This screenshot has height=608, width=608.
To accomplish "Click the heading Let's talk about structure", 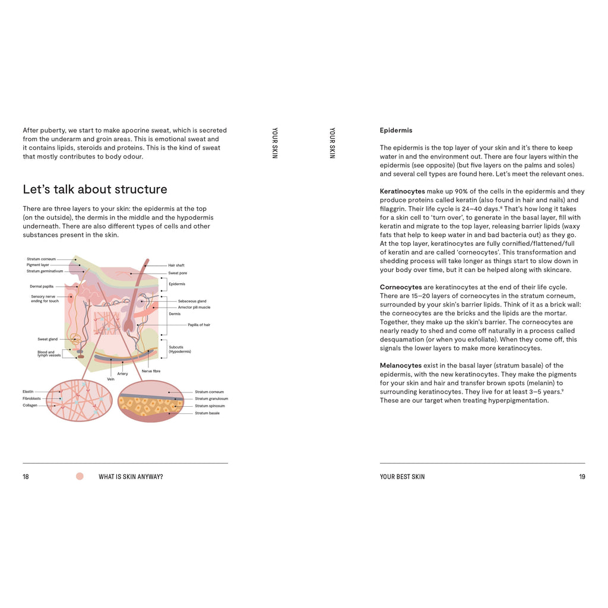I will (95, 189).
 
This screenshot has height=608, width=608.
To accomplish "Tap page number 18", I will (26, 477).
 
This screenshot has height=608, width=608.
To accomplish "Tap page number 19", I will (582, 477).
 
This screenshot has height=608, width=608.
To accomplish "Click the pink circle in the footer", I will (80, 476).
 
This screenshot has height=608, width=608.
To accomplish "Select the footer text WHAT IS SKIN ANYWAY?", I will (131, 477).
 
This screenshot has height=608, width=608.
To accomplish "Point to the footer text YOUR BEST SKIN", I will (402, 477).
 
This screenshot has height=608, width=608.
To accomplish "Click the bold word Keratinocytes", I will (403, 191).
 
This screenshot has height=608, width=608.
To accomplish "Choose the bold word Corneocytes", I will (401, 287).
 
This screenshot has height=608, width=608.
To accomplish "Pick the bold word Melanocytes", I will (401, 366).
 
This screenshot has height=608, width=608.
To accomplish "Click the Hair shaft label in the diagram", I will (176, 265).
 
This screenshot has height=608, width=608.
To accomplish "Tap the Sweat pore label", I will (178, 273).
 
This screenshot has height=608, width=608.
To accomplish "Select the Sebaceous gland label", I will (192, 301).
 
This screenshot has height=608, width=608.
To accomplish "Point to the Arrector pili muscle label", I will (194, 308).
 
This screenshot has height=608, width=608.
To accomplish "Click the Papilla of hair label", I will (199, 325).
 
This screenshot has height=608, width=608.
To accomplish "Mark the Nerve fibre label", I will (151, 371).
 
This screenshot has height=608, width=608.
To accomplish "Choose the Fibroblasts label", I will (31, 398).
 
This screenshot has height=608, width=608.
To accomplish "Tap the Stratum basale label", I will (207, 413).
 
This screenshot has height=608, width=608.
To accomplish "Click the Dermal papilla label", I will (42, 286).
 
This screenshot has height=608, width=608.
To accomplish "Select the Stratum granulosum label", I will (211, 399).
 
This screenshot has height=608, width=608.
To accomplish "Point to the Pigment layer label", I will (38, 265).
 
